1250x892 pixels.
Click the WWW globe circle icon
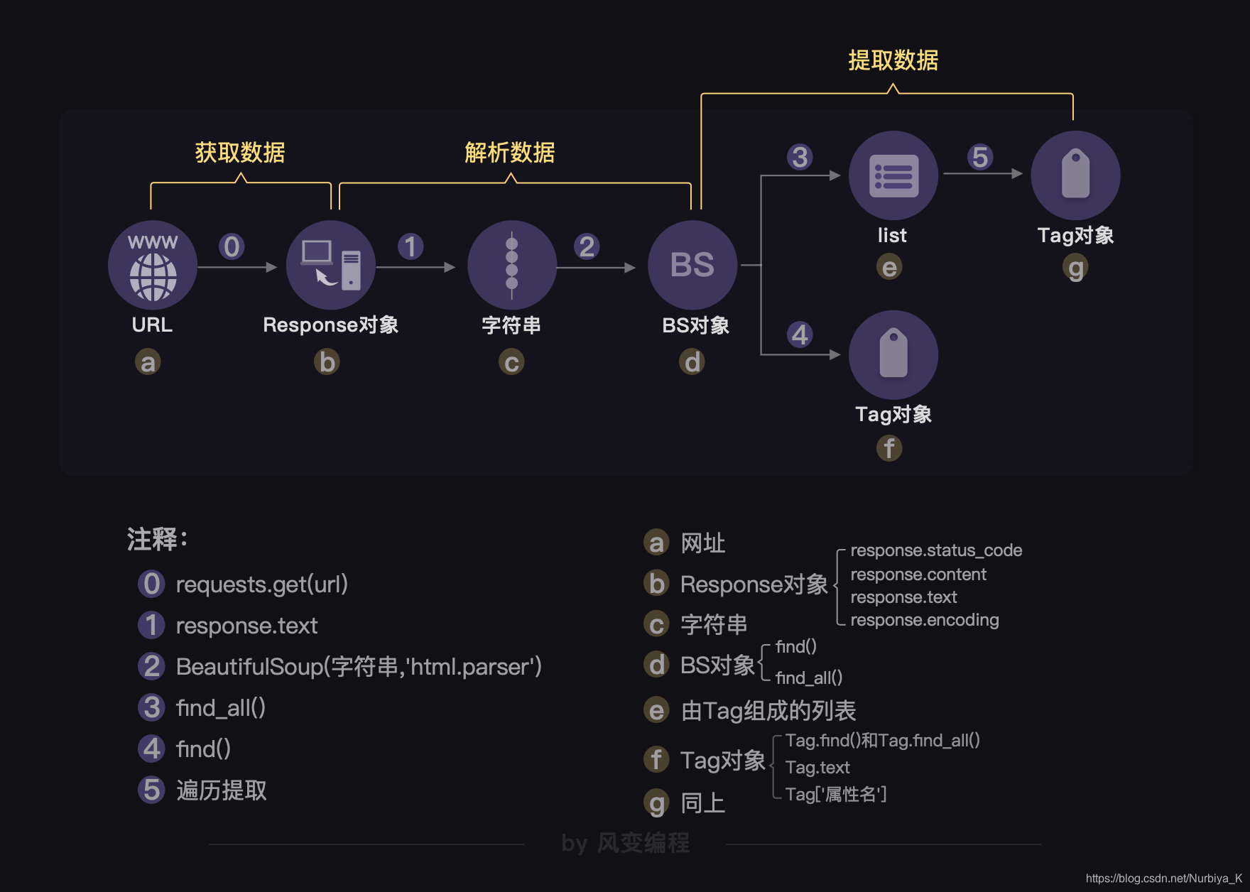point(153,265)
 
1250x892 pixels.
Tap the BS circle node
point(692,265)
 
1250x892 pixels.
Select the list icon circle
point(893,175)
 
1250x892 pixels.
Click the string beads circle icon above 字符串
point(511,265)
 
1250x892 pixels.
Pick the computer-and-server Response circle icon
point(331,265)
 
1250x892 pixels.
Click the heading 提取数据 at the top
point(893,61)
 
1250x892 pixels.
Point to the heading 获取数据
point(240,153)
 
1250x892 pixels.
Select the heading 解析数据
point(509,153)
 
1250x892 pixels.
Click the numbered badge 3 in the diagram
point(800,157)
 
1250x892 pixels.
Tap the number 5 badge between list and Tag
point(980,157)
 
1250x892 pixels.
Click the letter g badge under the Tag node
point(1076,268)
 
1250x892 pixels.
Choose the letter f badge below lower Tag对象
point(889,448)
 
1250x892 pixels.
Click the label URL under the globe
point(152,325)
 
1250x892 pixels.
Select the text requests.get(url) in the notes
point(261,584)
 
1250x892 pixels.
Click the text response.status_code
point(936,550)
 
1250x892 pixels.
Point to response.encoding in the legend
point(924,620)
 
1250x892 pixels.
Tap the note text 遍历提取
point(221,790)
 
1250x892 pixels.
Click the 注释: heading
point(157,539)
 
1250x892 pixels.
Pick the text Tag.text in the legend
point(817,768)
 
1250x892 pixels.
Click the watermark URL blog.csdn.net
point(1163,879)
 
